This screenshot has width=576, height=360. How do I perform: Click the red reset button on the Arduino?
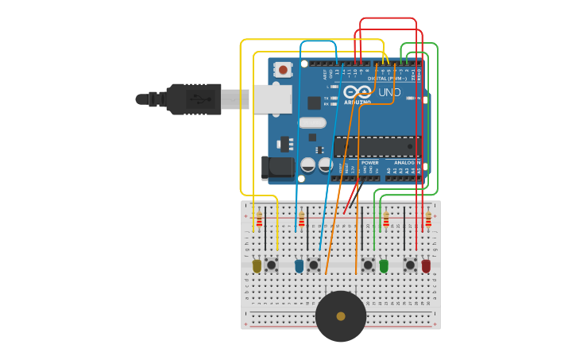[x=283, y=70]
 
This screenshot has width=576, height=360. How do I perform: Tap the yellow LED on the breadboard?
[x=257, y=265]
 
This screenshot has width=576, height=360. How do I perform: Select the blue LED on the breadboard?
[x=299, y=265]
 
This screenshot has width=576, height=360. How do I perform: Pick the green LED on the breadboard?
[x=384, y=265]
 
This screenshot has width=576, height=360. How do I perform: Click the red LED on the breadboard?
[x=426, y=265]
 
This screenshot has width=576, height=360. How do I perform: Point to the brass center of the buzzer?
[x=341, y=316]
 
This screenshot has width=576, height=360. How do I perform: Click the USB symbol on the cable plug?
[x=199, y=99]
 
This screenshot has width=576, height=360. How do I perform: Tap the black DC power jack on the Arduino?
[x=277, y=168]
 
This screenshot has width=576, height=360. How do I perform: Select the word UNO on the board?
[x=389, y=92]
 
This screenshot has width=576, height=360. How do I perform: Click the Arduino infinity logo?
[x=358, y=92]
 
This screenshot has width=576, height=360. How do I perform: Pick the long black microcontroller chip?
[x=377, y=146]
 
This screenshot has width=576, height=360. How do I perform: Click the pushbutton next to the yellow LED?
[x=271, y=265]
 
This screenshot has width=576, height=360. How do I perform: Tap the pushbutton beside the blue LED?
[x=314, y=265]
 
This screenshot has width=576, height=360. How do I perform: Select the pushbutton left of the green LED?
[x=367, y=265]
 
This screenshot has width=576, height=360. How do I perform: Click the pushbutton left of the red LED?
[x=410, y=265]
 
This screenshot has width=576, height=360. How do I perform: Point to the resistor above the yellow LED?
[x=259, y=219]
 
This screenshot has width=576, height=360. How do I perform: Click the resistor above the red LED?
[x=428, y=219]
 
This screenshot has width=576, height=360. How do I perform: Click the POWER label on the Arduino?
[x=370, y=163]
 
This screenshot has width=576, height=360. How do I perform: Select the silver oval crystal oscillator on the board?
[x=312, y=123]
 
